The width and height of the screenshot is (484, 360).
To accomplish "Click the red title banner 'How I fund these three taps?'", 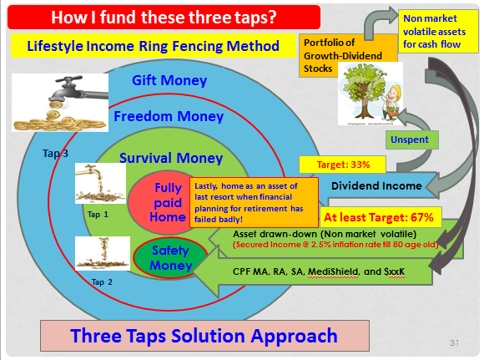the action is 164,17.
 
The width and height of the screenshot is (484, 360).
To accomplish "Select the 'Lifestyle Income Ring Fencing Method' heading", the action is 154,46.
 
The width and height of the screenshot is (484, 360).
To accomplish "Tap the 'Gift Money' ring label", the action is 169,80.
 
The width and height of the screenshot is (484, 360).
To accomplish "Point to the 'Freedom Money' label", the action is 169,116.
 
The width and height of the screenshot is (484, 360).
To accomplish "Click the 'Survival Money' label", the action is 171,158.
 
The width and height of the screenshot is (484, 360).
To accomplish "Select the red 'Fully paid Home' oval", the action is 160,202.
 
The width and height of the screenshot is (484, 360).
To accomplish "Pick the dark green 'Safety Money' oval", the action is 170,258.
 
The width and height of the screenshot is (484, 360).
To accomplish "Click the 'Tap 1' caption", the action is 98,215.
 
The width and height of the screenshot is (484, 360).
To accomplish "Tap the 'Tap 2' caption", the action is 102,281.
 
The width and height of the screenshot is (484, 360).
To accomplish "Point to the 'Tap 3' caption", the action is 55,153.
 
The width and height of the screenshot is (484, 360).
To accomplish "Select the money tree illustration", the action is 371,94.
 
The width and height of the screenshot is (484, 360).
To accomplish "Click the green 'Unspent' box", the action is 411,140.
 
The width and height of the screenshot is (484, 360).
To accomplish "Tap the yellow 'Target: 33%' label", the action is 343,165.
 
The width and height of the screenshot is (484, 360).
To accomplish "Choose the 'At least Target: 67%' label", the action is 378,217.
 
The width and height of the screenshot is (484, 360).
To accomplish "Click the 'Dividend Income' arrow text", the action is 376,185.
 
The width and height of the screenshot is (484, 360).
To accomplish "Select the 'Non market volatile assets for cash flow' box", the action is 438,31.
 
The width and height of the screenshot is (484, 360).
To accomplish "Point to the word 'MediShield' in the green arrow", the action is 333,271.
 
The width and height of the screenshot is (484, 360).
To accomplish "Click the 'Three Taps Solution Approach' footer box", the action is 204,336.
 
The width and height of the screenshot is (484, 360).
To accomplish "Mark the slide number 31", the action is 454,342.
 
